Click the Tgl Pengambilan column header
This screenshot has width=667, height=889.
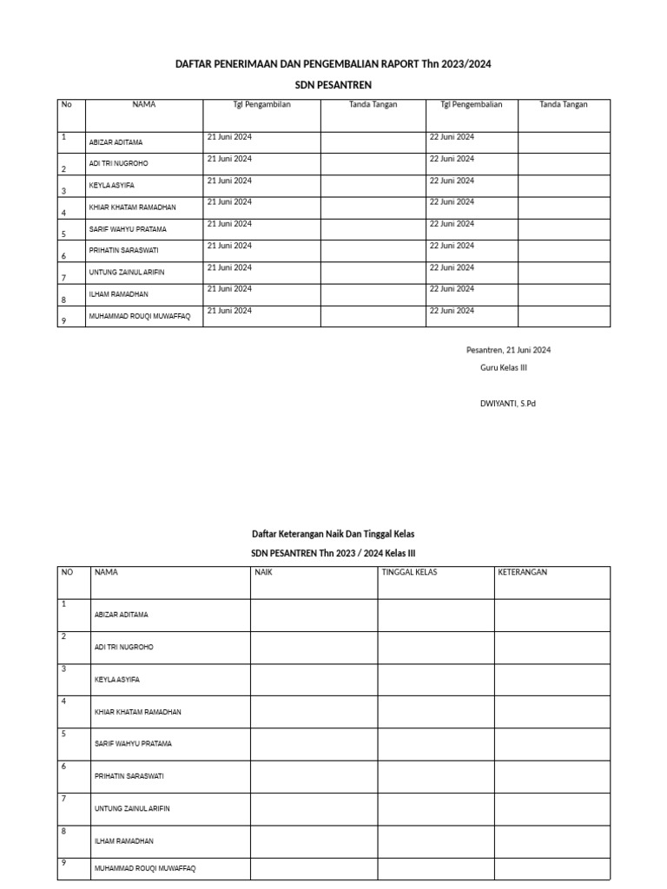pyautogui.click(x=261, y=104)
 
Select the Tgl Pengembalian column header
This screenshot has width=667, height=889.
pyautogui.click(x=472, y=104)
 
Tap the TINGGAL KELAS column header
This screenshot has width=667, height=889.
pyautogui.click(x=409, y=572)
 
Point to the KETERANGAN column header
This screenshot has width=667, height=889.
pyautogui.click(x=523, y=572)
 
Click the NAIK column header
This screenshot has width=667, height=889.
pyautogui.click(x=264, y=572)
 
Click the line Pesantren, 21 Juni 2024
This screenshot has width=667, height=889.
pyautogui.click(x=508, y=350)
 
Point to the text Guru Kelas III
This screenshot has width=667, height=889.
pyautogui.click(x=504, y=367)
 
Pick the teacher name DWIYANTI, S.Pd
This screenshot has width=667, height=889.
pyautogui.click(x=508, y=403)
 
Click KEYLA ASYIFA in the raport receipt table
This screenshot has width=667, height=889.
pyautogui.click(x=111, y=186)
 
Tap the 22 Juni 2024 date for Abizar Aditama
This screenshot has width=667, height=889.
pyautogui.click(x=452, y=137)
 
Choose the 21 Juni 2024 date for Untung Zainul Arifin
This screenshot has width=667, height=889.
pyautogui.click(x=229, y=267)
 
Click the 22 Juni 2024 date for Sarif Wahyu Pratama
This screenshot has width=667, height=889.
pyautogui.click(x=452, y=224)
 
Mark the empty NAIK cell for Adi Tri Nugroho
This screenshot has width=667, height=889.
pyautogui.click(x=314, y=648)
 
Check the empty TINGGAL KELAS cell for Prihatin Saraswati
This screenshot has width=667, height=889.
pyautogui.click(x=435, y=776)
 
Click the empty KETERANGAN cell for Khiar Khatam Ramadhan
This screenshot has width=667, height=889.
pyautogui.click(x=552, y=712)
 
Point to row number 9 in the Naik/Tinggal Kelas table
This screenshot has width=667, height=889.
pyautogui.click(x=63, y=862)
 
